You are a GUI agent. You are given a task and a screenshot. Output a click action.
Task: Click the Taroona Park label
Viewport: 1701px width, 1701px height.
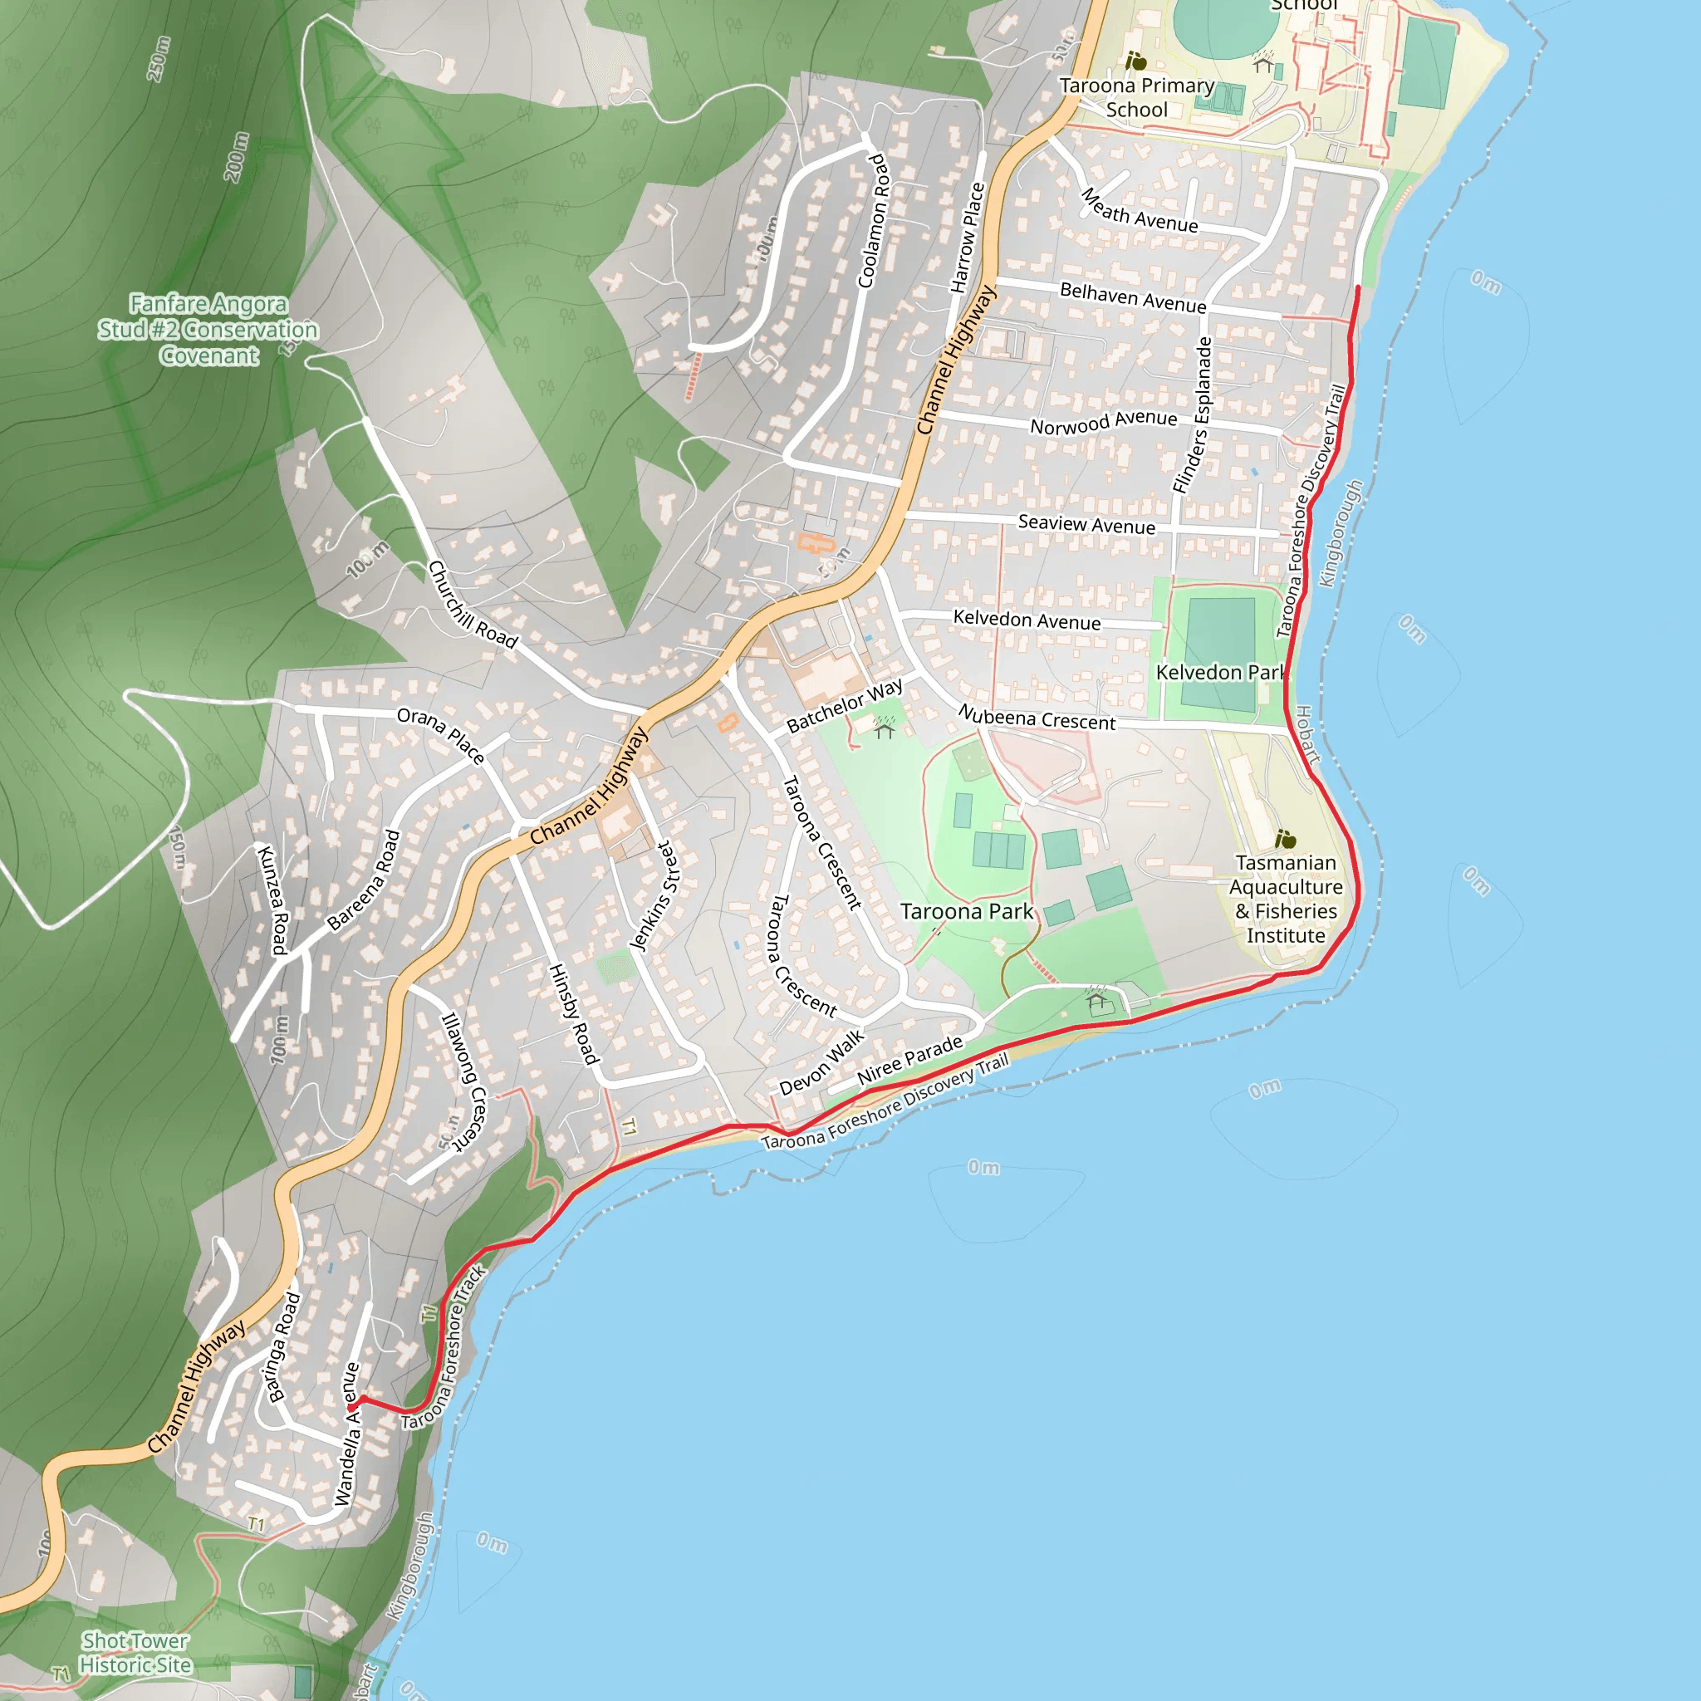966,911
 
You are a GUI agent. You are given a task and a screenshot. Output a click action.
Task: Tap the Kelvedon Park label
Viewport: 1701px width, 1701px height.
1220,673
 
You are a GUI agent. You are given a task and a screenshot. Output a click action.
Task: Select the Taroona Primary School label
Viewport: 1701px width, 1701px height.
1137,98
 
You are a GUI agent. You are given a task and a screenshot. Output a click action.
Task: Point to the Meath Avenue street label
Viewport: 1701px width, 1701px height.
1140,211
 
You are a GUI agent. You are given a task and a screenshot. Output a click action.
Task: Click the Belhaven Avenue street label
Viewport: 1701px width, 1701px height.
1133,297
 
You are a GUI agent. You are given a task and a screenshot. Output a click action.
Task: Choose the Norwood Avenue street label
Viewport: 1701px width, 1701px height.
1103,422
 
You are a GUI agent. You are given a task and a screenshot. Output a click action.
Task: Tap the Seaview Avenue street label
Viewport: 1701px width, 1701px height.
1086,525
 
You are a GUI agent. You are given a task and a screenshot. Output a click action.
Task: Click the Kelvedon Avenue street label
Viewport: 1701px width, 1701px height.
1027,620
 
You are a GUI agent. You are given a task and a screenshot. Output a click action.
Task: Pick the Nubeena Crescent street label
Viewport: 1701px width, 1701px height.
1037,718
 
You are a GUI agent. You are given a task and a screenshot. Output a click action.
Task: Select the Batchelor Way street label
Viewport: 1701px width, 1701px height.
845,705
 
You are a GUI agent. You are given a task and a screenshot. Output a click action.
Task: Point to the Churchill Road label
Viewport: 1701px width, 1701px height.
472,605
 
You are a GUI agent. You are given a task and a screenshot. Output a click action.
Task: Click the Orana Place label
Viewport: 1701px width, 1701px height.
440,734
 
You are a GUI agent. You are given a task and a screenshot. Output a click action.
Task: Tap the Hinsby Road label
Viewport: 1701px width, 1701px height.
573,1013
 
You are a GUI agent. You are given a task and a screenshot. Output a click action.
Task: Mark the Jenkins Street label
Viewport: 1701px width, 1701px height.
655,896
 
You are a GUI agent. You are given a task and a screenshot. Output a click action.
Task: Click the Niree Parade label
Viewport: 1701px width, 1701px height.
909,1060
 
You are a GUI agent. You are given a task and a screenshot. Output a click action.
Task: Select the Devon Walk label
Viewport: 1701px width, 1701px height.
822,1062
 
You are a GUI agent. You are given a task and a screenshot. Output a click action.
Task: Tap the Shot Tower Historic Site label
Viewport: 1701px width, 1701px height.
135,1653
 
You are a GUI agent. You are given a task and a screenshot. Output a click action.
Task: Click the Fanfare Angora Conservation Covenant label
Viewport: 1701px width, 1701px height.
208,329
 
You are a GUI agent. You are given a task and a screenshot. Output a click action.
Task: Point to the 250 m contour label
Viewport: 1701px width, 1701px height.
159,59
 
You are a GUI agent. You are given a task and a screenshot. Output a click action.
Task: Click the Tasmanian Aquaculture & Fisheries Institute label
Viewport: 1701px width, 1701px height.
1286,899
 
